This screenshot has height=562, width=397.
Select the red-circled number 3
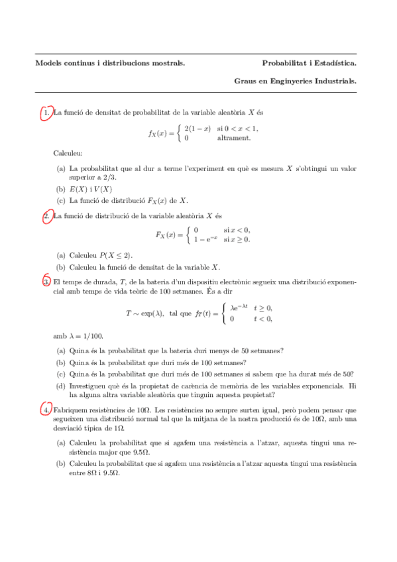tap(46, 282)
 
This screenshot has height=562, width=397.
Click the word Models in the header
tap(48, 64)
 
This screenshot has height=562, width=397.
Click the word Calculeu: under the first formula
tap(68, 154)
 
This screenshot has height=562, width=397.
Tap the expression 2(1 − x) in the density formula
tap(198, 128)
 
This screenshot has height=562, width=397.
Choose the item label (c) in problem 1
tap(61, 200)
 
